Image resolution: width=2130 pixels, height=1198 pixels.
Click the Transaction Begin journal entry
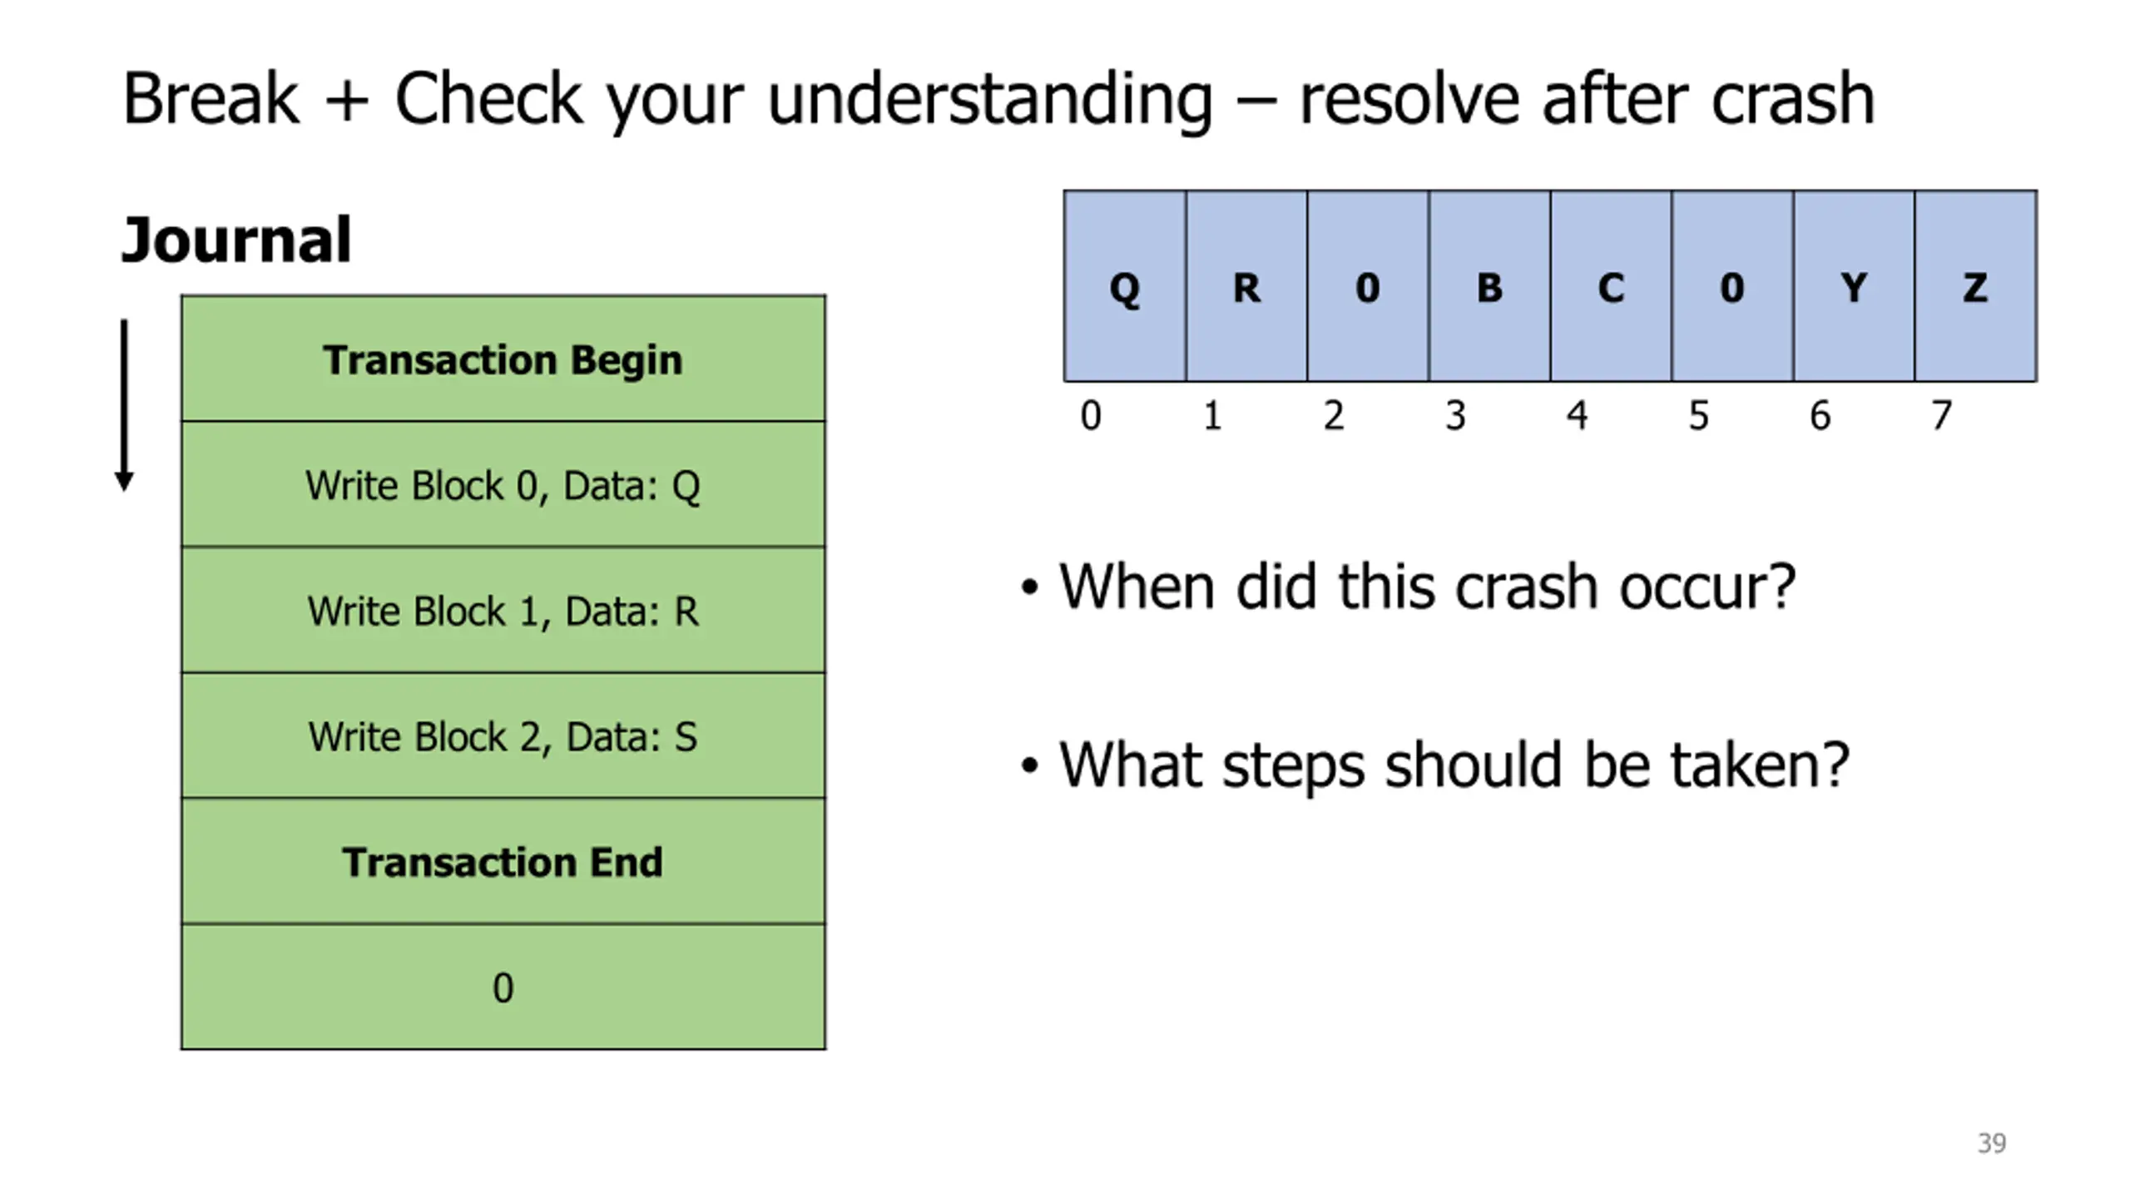[503, 359]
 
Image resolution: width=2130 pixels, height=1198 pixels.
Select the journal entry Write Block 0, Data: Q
[503, 484]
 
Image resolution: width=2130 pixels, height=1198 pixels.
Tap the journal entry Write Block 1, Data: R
[503, 610]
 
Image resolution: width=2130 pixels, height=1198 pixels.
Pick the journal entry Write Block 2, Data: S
[503, 735]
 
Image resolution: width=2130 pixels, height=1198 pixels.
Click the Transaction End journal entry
[503, 861]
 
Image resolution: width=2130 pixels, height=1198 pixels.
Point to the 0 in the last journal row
[503, 988]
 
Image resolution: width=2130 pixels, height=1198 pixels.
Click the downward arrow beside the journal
[124, 405]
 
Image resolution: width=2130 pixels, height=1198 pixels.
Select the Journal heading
[236, 240]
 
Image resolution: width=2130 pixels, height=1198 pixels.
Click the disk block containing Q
[1125, 286]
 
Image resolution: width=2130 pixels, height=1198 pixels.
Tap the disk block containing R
[1246, 286]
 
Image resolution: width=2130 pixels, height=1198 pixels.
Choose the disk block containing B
[1489, 286]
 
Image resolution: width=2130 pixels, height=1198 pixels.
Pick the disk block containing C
[1611, 286]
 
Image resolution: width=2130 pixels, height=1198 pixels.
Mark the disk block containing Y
[1854, 286]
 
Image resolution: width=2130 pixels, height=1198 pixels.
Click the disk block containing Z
[1976, 286]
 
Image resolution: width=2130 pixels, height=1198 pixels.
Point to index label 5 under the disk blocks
[1699, 415]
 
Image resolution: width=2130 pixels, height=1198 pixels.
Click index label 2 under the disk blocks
[1334, 415]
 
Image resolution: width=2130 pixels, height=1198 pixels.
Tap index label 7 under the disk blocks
[1941, 415]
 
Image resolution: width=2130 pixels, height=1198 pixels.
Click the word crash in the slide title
[1793, 100]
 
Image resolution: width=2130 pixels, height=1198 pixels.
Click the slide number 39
[1992, 1143]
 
